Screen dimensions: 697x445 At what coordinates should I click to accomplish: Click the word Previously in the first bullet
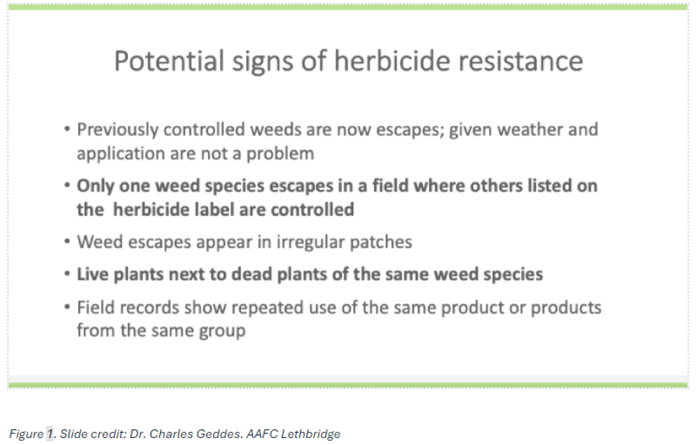[x=117, y=130]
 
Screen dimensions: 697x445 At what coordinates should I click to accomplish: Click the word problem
[x=281, y=154]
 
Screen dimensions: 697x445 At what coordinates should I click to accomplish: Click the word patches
[x=381, y=242]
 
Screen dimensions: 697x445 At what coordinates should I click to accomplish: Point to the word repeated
[x=267, y=308]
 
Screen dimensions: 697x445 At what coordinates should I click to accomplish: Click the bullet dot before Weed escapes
[x=67, y=242]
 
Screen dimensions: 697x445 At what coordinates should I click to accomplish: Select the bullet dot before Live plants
[x=67, y=274]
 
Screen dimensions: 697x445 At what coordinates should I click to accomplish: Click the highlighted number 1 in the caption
[x=49, y=434]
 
